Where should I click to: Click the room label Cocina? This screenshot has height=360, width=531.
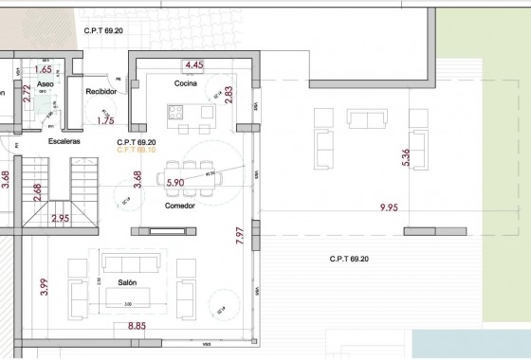184,84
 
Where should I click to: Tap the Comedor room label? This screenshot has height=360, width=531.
180,205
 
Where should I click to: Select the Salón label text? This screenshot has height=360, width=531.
129,283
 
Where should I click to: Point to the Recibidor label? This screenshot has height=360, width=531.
101,92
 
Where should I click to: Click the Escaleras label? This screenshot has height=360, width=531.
64,141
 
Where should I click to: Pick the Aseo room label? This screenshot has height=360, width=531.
46,84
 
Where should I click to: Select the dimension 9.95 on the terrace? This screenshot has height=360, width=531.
390,207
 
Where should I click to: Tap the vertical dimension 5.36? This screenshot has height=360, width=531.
407,158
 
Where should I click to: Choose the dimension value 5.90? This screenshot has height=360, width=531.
175,183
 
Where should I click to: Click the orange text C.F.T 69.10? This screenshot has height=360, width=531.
136,150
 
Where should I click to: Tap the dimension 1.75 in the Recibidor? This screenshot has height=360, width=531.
105,121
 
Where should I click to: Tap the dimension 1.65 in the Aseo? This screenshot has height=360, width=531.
43,69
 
